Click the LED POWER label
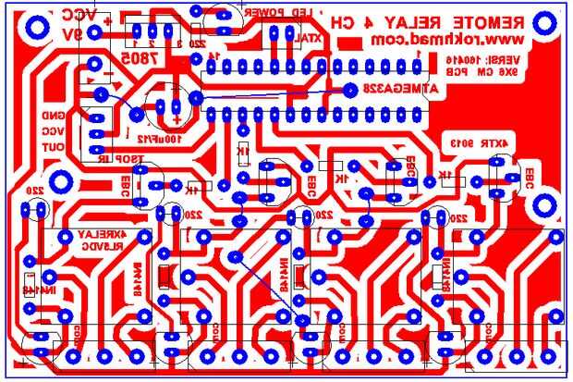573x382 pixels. coord(294,13)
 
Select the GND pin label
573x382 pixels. coord(55,116)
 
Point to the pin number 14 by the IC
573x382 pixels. coord(213,56)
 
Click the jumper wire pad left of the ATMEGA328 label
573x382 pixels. coord(351,90)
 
